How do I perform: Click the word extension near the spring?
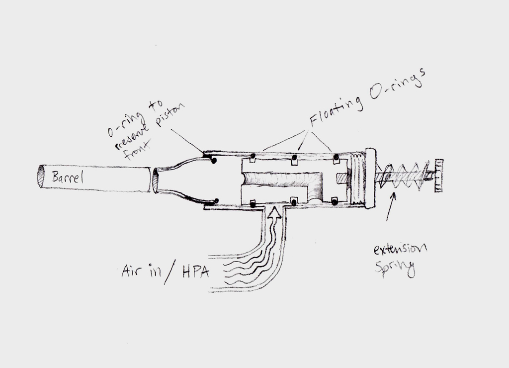pos(401,249)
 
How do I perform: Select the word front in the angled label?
pos(134,150)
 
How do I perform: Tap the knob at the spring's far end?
pos(438,176)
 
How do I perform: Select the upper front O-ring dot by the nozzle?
pos(213,160)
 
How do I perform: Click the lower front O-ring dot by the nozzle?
pos(216,201)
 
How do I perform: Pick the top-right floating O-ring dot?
pos(336,158)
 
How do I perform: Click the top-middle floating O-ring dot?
pos(294,158)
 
